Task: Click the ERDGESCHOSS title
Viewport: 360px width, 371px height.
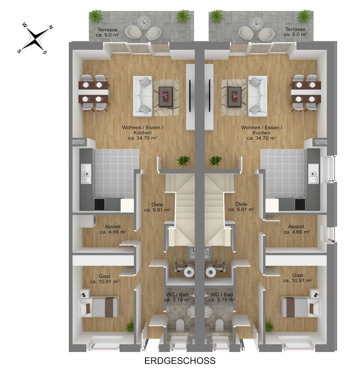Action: (180, 361)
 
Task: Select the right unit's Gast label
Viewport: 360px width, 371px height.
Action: (297, 278)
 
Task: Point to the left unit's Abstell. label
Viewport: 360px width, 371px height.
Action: (113, 229)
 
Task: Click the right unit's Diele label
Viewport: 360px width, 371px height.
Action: (241, 206)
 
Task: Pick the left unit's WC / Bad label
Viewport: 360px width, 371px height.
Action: (177, 297)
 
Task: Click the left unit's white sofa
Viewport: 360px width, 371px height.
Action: (142, 96)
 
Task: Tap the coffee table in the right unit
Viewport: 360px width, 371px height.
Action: (234, 97)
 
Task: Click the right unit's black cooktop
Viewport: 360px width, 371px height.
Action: (300, 204)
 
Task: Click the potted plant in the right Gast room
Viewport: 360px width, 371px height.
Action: (270, 327)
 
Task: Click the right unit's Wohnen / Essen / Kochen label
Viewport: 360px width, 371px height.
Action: (261, 133)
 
